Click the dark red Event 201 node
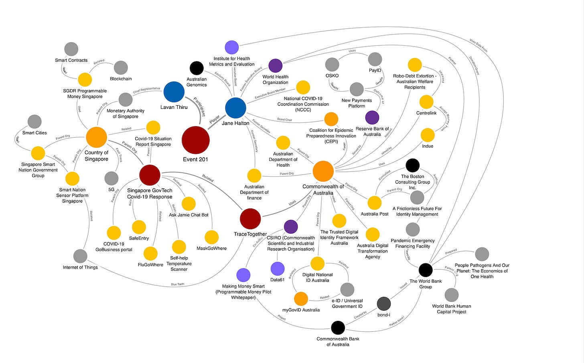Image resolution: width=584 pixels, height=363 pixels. coord(196,140)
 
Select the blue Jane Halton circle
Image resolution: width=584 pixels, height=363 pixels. coord(235,108)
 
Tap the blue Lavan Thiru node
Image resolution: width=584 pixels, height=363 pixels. coord(174,92)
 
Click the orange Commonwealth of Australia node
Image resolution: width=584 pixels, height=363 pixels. coord(323,171)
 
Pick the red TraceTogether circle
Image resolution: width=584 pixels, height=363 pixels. coord(250,219)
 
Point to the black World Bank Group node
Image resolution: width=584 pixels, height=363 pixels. coord(426,270)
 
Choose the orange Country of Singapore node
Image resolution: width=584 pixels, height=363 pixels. coord(96,137)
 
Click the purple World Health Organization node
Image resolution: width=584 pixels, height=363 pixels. coord(275,66)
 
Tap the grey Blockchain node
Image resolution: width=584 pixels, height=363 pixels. coord(121,68)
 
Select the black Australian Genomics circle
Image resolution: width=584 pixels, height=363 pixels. coord(196,68)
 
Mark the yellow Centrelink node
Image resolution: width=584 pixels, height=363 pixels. coord(426,102)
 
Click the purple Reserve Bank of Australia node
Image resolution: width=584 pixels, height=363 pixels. coord(372,118)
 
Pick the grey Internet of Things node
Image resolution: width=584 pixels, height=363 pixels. coord(80,256)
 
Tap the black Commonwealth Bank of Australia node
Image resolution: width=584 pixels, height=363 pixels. coord(338,328)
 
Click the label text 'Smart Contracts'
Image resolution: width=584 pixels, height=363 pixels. coord(71,60)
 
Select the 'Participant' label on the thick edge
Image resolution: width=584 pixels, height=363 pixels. coord(199,106)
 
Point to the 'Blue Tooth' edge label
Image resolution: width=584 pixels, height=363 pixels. coord(178,284)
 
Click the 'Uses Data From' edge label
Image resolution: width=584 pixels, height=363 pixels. coord(479,45)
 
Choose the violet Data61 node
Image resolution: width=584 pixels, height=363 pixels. coord(278,269)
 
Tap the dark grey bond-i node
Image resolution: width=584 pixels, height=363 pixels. coord(384,304)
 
